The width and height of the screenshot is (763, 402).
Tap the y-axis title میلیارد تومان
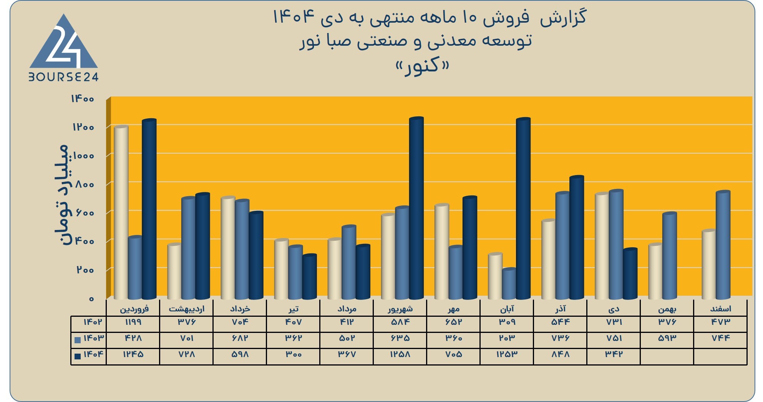pyautogui.click(x=62, y=195)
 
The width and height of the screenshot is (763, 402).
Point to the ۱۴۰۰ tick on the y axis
pyautogui.click(x=82, y=99)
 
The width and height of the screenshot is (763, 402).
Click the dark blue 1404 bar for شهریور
pyautogui.click(x=416, y=208)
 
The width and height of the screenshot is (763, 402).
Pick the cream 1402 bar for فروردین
pyautogui.click(x=121, y=212)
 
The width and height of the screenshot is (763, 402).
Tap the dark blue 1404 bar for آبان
pyautogui.click(x=523, y=208)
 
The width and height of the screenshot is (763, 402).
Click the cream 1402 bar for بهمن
pyautogui.click(x=655, y=271)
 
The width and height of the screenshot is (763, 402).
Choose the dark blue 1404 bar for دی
pyautogui.click(x=630, y=274)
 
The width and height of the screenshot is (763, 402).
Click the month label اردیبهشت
pyautogui.click(x=187, y=309)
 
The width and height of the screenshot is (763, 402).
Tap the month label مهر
pyautogui.click(x=454, y=309)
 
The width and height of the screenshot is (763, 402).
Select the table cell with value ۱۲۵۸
pyautogui.click(x=400, y=354)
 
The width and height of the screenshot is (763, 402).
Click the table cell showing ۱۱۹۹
pyautogui.click(x=133, y=322)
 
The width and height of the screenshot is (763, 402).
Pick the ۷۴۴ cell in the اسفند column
pyautogui.click(x=721, y=338)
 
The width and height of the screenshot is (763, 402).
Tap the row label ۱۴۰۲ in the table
pyautogui.click(x=93, y=322)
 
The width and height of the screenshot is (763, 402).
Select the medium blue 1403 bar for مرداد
pyautogui.click(x=349, y=263)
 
